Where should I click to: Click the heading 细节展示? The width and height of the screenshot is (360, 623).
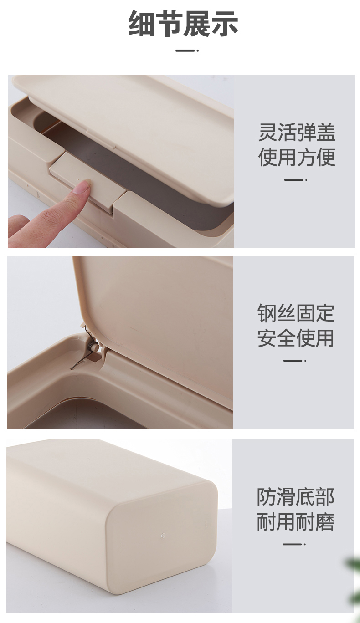pyautogui.click(x=183, y=23)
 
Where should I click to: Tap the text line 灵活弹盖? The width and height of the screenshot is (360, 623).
pyautogui.click(x=297, y=133)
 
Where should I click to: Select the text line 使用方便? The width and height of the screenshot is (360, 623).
pyautogui.click(x=297, y=157)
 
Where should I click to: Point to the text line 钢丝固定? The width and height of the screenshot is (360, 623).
pyautogui.click(x=296, y=313)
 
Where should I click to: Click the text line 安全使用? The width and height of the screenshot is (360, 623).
pyautogui.click(x=296, y=338)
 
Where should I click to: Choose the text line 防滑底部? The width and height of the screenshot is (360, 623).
pyautogui.click(x=295, y=497)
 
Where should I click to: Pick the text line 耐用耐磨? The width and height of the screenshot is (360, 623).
pyautogui.click(x=295, y=521)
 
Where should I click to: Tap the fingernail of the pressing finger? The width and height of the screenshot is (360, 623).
pyautogui.click(x=83, y=187)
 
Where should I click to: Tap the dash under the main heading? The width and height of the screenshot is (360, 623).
pyautogui.click(x=187, y=51)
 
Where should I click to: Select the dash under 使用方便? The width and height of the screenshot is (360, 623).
pyautogui.click(x=295, y=180)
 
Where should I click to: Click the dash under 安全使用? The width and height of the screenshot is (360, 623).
pyautogui.click(x=295, y=361)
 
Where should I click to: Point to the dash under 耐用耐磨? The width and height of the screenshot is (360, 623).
pyautogui.click(x=294, y=544)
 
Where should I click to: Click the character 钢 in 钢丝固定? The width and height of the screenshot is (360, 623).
pyautogui.click(x=267, y=313)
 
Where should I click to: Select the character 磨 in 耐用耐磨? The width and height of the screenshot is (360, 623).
pyautogui.click(x=324, y=521)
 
